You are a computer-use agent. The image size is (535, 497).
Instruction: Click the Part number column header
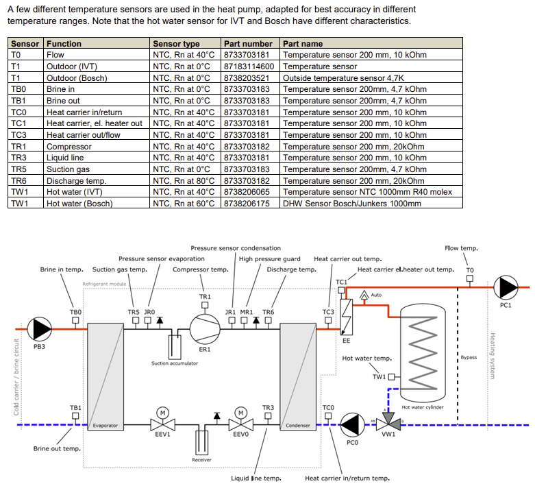tap(248, 44)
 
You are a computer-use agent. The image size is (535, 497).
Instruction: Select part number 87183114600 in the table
tap(249, 66)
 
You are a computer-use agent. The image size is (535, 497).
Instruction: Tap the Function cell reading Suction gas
tap(68, 169)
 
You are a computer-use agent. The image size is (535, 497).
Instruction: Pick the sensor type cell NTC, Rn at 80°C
tap(184, 181)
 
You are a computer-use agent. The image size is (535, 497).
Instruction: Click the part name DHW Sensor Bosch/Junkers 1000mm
tap(352, 204)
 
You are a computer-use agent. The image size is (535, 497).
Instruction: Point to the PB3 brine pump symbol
tap(39, 329)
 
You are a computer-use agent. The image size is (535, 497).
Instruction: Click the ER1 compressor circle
tap(205, 329)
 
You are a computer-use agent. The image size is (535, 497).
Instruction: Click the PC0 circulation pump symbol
tap(353, 425)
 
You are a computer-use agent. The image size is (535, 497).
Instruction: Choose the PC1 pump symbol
tap(506, 288)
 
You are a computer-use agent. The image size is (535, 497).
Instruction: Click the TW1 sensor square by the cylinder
tap(392, 377)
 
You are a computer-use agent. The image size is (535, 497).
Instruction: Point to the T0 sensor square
tap(470, 278)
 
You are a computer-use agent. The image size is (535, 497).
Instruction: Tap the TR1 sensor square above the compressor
tap(205, 305)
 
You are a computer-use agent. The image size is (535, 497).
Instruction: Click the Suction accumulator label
tap(175, 363)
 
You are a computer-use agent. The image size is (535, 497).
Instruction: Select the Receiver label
tap(201, 460)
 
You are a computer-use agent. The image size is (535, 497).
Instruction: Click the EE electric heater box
tap(347, 317)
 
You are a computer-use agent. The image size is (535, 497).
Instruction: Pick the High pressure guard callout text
tap(269, 259)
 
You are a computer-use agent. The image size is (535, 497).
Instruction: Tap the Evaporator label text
tap(105, 426)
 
